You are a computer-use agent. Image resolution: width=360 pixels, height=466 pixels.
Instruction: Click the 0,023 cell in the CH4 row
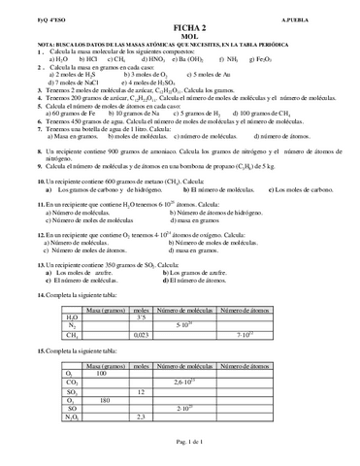coord(140,333)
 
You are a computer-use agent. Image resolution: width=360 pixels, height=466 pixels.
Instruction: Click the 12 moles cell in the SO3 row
coord(141,390)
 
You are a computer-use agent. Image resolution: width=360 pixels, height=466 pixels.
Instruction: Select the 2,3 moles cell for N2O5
coord(141,416)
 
